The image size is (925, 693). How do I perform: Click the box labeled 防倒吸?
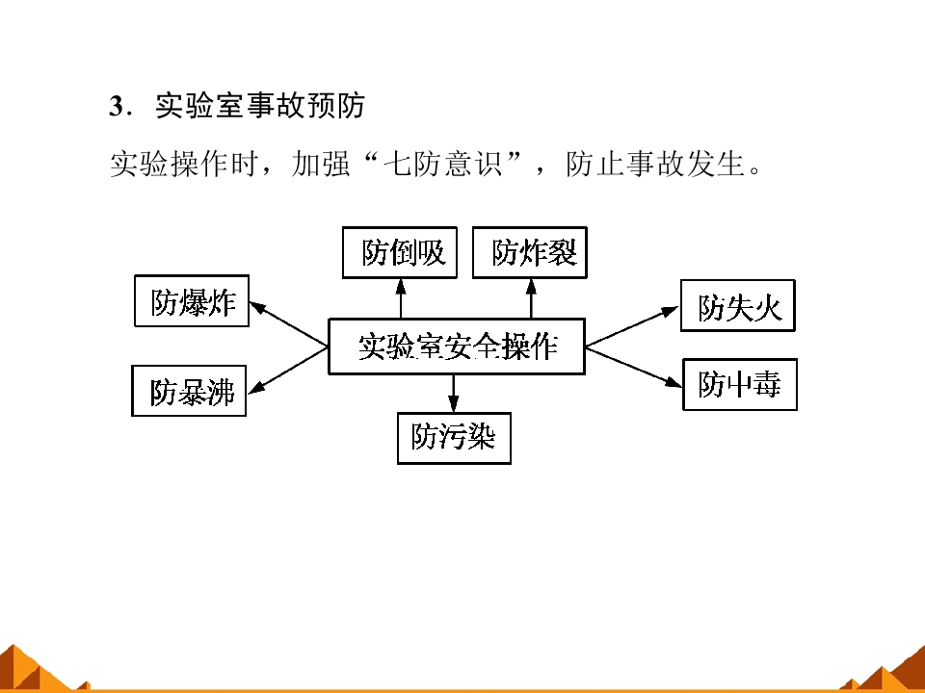point(400,252)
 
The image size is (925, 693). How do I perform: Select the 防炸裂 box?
point(530,252)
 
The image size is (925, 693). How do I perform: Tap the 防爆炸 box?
point(192,300)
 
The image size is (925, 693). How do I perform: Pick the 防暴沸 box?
point(189,391)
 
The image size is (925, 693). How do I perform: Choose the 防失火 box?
point(738,306)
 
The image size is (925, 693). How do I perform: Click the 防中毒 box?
point(740,384)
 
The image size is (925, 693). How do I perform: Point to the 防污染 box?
point(454,439)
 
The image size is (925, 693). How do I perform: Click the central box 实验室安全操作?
point(457,346)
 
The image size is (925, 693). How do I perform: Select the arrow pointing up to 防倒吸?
point(401,298)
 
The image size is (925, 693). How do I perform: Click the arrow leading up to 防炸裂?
point(531,298)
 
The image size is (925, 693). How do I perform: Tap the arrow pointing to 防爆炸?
point(288,323)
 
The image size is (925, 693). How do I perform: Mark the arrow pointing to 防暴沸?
point(288,370)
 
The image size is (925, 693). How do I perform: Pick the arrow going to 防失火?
point(632,326)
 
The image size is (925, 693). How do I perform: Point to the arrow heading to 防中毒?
point(634,368)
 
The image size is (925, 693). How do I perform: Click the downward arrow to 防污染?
point(453,394)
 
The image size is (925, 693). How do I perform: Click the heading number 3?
point(116,107)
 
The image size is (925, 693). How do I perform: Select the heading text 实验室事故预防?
point(260,106)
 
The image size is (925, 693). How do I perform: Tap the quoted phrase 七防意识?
point(443,164)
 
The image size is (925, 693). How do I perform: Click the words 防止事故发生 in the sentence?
point(655,164)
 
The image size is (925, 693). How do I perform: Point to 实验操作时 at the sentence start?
point(184,164)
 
